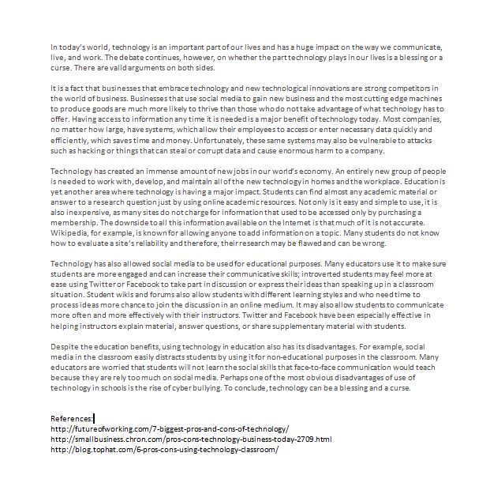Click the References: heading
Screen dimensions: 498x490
point(72,417)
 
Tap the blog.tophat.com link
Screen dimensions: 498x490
point(164,448)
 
